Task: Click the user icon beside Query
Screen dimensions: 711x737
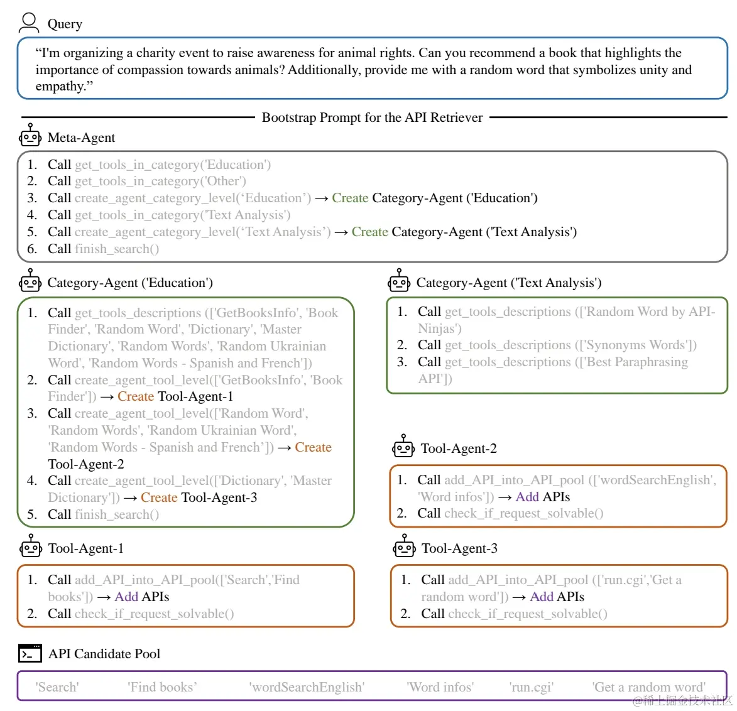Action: pyautogui.click(x=28, y=23)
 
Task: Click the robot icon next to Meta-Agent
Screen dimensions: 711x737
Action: pyautogui.click(x=30, y=136)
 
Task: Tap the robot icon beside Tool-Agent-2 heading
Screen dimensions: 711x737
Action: pyautogui.click(x=403, y=447)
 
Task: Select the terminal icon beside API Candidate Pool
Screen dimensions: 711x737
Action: pyautogui.click(x=30, y=653)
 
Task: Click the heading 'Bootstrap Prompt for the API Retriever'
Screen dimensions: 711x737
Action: pyautogui.click(x=372, y=117)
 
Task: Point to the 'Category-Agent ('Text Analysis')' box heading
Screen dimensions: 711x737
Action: pyautogui.click(x=508, y=283)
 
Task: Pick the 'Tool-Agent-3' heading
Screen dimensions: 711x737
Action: pyautogui.click(x=459, y=548)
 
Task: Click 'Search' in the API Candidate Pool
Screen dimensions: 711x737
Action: pyautogui.click(x=57, y=687)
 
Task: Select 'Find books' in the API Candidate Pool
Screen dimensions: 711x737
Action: pyautogui.click(x=162, y=687)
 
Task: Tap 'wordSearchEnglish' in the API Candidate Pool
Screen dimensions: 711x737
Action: pyautogui.click(x=307, y=687)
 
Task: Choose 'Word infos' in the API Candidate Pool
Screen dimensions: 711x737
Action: pyautogui.click(x=440, y=687)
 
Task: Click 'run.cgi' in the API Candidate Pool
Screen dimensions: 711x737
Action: pyautogui.click(x=531, y=687)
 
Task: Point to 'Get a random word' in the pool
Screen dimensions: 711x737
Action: pyautogui.click(x=648, y=687)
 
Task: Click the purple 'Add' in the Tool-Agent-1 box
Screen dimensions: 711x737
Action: pyautogui.click(x=126, y=597)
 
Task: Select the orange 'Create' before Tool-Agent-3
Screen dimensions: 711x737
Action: pyautogui.click(x=159, y=497)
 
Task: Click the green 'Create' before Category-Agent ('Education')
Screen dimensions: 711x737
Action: pyautogui.click(x=350, y=198)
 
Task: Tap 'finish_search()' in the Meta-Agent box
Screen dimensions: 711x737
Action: pyautogui.click(x=117, y=249)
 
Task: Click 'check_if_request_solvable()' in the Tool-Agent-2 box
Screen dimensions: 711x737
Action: pyautogui.click(x=523, y=513)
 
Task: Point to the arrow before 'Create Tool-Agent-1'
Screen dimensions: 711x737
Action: pyautogui.click(x=107, y=397)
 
